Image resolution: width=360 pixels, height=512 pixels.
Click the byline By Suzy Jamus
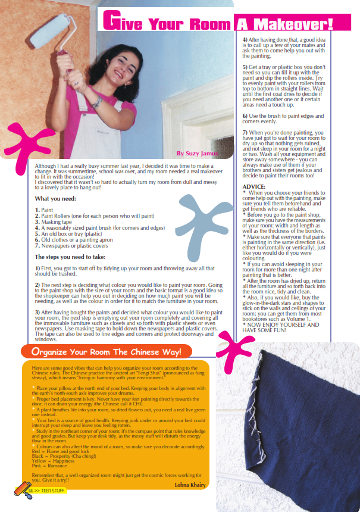(196, 154)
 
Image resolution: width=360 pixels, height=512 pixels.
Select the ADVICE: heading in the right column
(255, 186)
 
